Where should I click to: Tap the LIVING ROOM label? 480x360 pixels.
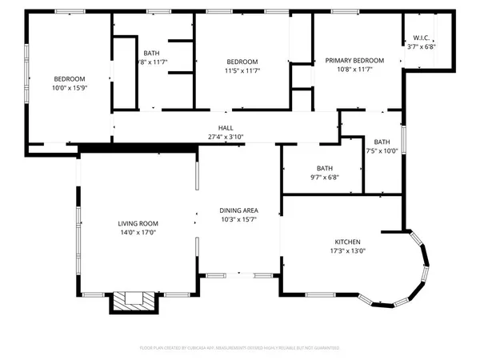pos(138,223)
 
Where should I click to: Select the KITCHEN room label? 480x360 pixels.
pos(347,242)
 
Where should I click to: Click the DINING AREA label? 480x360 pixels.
pos(239,210)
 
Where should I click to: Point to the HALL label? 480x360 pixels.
pos(226,128)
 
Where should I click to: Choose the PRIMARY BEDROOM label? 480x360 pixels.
pos(354,61)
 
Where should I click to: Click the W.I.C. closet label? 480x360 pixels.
pos(422,38)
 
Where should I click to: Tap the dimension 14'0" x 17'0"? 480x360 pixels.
pos(138,233)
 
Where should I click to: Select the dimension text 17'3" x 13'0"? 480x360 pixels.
pos(347,250)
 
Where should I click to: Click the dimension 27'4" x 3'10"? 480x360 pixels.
pos(226,137)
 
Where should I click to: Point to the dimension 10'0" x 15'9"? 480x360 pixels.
pos(70,87)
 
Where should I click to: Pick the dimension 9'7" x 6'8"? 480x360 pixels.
pos(324,177)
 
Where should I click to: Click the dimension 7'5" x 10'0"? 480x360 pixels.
pos(382,150)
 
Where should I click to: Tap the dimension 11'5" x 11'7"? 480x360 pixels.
pos(242,70)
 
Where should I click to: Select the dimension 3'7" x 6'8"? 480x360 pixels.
pos(422,46)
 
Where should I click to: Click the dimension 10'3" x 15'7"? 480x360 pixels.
pos(239,219)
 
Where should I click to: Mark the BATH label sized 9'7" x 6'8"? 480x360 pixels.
pos(324,168)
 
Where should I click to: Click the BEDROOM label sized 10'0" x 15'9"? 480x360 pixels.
pos(70,78)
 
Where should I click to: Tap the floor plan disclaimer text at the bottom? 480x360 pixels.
pos(239,348)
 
